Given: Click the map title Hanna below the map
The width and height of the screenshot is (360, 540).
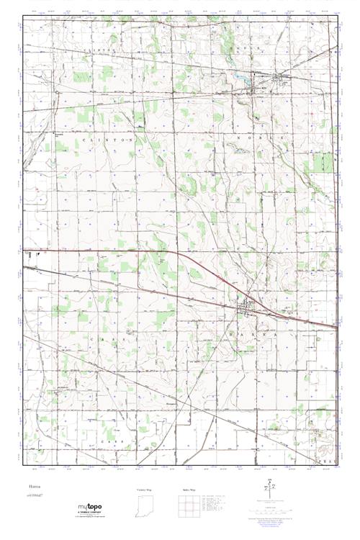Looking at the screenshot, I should [33, 487].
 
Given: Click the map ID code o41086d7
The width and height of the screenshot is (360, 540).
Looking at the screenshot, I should [36, 496].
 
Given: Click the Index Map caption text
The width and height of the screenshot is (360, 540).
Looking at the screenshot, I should [189, 489].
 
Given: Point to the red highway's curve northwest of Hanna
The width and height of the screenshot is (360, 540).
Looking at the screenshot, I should [189, 258].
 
